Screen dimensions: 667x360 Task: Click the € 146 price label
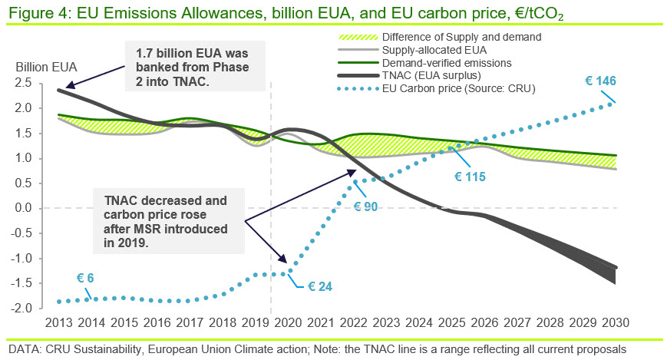click(x=600, y=81)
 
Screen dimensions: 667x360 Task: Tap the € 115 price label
click(x=470, y=177)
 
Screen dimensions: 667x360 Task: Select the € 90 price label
click(x=365, y=206)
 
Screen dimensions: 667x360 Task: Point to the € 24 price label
click(x=320, y=286)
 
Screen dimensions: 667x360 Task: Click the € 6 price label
click(x=85, y=278)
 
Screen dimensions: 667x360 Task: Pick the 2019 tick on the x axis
click(x=256, y=322)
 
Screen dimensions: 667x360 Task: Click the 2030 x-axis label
click(x=616, y=322)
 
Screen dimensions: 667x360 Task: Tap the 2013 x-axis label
click(x=58, y=322)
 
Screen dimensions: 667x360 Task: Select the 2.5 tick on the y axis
click(x=23, y=83)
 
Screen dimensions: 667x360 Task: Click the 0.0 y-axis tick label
click(x=23, y=208)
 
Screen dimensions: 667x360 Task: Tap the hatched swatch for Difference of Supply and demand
click(x=358, y=38)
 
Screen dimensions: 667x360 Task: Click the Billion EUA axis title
click(x=46, y=68)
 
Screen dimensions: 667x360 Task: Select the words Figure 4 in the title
click(x=37, y=13)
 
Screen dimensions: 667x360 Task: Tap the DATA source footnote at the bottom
click(x=317, y=349)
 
